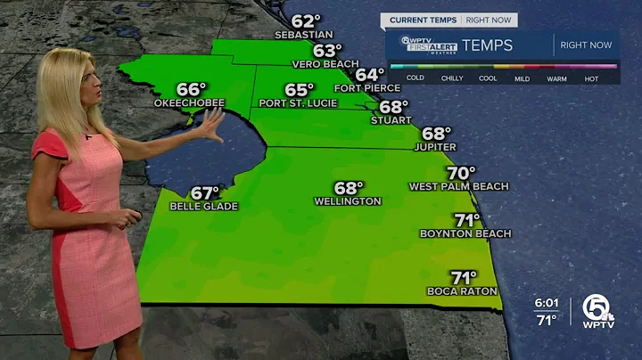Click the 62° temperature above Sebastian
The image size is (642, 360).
[306, 21]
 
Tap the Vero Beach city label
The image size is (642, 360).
[325, 64]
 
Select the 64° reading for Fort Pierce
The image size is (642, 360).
[370, 74]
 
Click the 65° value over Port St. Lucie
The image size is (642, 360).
[300, 90]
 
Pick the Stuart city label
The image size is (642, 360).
[391, 120]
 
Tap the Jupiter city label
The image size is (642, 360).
[436, 147]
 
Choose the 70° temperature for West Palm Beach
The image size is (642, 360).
[461, 173]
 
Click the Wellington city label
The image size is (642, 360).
[348, 201]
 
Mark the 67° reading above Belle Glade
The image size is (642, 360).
[205, 193]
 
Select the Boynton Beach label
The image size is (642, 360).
[465, 233]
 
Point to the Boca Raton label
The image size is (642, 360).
[462, 291]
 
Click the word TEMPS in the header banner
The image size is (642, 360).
[488, 45]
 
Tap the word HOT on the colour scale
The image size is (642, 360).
[591, 78]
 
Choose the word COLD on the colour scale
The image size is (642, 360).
[415, 78]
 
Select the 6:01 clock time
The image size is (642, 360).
[546, 303]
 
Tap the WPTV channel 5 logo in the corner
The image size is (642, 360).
[599, 310]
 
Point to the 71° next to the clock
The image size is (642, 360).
[546, 319]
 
